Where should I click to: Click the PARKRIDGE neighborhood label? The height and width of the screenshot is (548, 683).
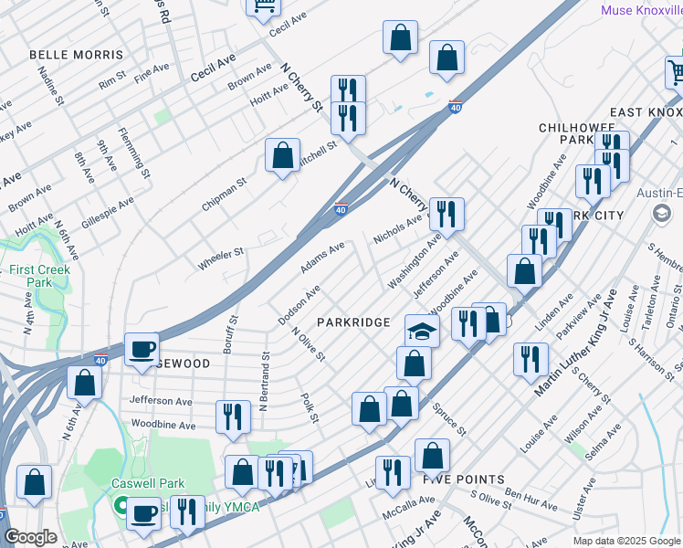[353, 322]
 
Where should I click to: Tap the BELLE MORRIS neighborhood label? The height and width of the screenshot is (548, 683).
[76, 55]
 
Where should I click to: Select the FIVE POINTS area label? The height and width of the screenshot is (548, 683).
[464, 479]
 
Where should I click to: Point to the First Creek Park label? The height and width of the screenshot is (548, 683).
[32, 277]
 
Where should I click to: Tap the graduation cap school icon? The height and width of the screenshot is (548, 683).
[422, 331]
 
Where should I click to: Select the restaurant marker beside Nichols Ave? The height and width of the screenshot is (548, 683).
[447, 214]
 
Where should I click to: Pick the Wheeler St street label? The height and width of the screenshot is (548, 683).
[221, 258]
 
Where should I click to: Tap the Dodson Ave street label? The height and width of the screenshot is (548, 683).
[299, 305]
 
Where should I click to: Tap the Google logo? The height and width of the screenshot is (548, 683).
[30, 537]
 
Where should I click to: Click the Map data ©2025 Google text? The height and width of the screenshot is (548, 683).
[625, 541]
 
